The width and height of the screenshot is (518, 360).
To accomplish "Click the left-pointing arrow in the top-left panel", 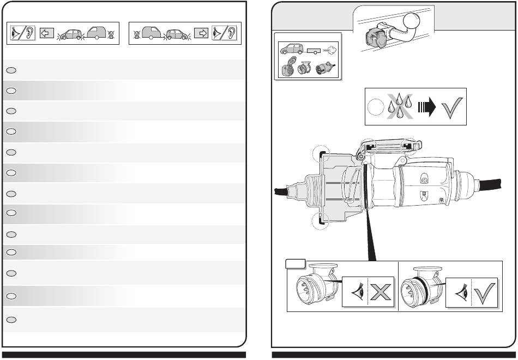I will pos(45,34).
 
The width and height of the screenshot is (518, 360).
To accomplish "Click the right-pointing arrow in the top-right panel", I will pos(201,33).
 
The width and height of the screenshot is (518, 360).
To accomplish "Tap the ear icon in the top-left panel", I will pos(29,33).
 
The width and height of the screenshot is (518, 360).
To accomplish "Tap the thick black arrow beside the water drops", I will pos(425,106).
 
